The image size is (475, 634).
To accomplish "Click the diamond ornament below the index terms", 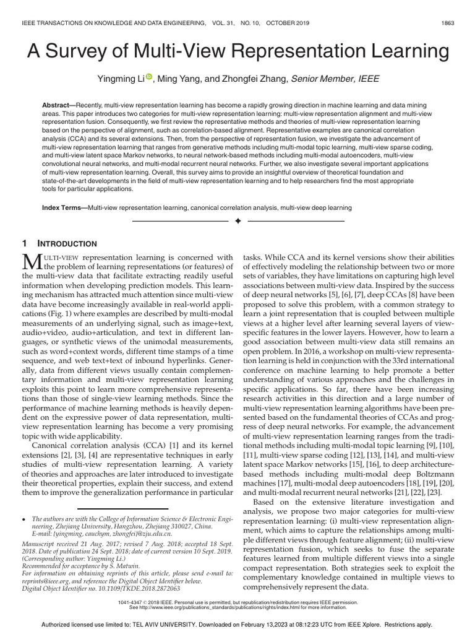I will (x=237, y=221).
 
